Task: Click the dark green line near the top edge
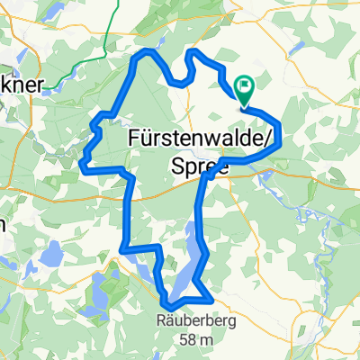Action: (110, 31)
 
